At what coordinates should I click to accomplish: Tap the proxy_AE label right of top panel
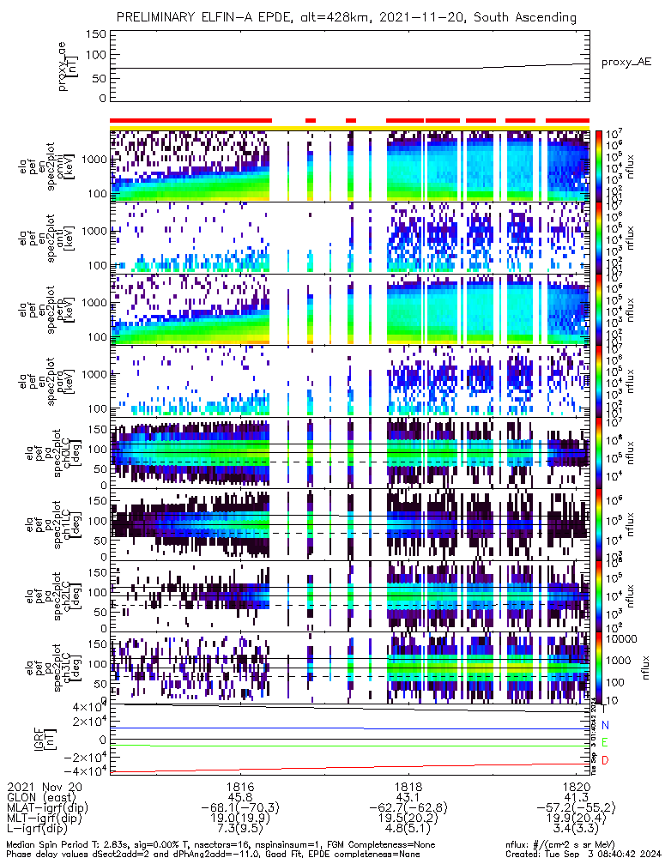(626, 63)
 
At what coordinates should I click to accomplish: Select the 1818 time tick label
(408, 786)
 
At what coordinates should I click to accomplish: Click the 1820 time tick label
(576, 786)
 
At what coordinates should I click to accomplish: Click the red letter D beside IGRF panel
(605, 761)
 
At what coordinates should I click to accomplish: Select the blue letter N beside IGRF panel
(605, 725)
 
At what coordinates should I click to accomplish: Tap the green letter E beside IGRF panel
(605, 742)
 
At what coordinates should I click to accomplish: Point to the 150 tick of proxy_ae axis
(97, 34)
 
